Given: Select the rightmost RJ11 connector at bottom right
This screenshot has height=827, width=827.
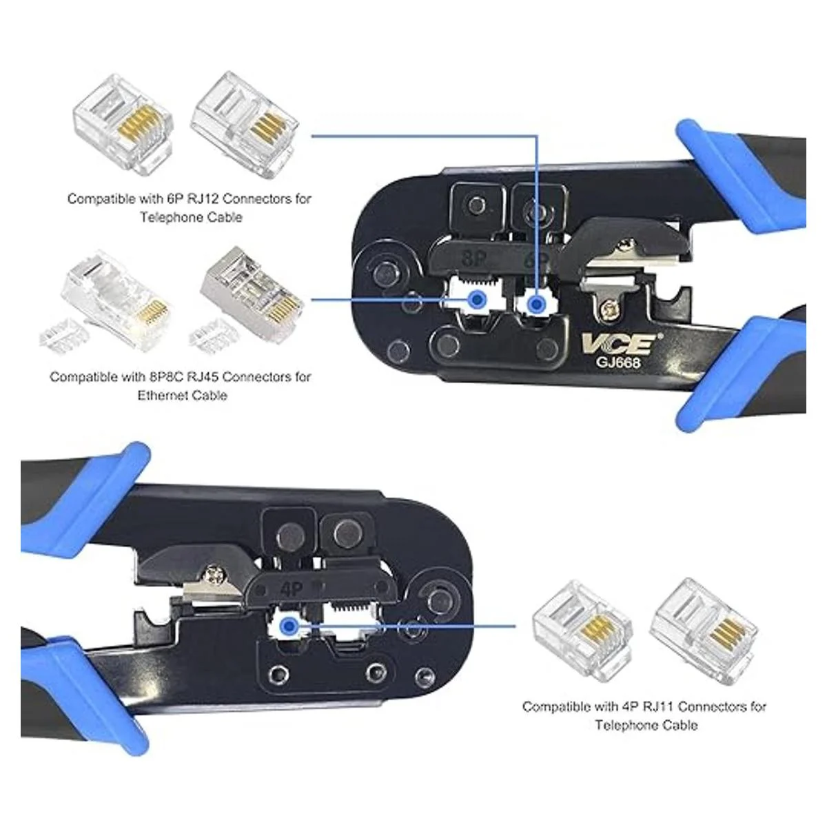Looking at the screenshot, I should [x=705, y=635].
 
